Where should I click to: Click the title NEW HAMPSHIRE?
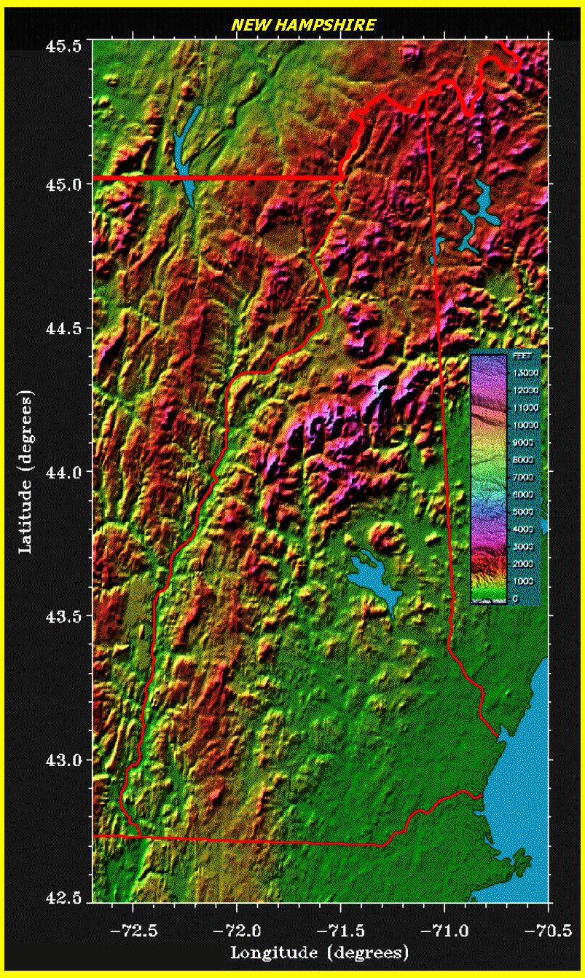point(303,25)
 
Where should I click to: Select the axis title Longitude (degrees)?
point(319,953)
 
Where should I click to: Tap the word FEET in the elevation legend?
point(522,357)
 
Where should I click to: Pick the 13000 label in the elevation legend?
point(525,373)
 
